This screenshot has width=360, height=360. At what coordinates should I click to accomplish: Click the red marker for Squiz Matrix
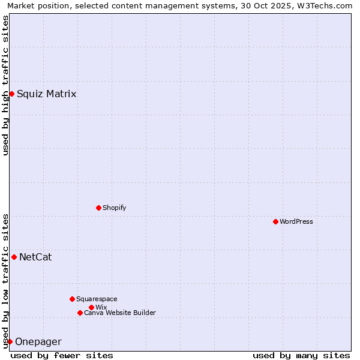11,94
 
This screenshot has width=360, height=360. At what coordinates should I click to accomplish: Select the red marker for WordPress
275,221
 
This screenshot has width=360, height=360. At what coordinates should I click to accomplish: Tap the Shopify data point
98,208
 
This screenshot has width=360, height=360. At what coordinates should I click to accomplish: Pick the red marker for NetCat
14,257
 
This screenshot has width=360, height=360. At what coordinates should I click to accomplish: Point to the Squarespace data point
72,299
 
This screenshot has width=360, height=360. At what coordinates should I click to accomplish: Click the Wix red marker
91,307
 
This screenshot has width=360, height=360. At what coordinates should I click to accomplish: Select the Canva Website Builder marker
80,313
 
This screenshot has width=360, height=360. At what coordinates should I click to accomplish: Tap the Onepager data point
10,341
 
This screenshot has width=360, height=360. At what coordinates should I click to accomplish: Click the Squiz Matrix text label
46,94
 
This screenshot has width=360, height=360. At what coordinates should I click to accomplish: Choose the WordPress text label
296,221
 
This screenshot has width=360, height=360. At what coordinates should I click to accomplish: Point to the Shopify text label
114,208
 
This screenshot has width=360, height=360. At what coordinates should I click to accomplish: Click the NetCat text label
35,257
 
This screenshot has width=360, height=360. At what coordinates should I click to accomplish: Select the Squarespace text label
97,299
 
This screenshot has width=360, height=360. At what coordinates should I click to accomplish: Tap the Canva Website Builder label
120,313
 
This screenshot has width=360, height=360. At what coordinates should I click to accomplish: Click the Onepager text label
38,342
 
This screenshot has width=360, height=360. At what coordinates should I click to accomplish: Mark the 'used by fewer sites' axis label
62,355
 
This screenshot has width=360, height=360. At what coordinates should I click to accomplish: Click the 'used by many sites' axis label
301,355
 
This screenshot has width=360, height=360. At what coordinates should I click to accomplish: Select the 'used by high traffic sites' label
5,85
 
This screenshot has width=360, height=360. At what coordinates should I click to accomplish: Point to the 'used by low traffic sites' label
5,280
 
